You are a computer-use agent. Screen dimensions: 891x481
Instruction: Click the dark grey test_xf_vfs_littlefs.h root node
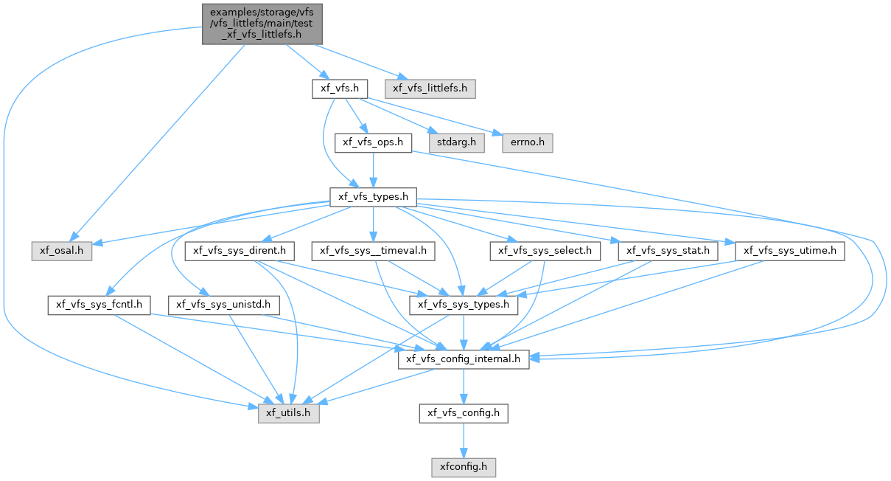(262, 24)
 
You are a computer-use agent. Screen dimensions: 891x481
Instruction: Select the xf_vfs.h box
(340, 89)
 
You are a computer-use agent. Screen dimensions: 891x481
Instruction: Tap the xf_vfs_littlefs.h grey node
(430, 89)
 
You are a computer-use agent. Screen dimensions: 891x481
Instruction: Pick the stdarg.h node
(457, 142)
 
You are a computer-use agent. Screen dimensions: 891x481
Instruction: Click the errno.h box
(528, 142)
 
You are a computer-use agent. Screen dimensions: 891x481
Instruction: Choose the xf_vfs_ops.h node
(373, 142)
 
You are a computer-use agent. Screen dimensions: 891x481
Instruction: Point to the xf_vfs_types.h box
(373, 197)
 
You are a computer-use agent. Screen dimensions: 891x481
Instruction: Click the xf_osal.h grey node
(62, 252)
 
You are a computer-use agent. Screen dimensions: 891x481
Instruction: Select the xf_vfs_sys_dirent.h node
(240, 252)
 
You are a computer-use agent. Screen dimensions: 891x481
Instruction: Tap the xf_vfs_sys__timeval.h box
(373, 252)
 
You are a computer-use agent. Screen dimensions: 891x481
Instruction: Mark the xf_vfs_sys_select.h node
(545, 252)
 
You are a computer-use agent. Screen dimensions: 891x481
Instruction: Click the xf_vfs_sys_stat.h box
(668, 252)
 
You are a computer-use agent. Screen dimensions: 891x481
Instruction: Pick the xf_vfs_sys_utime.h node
(790, 252)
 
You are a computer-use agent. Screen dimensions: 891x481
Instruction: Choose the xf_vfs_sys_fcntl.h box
(99, 305)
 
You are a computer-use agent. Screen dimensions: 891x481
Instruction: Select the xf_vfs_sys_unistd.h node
(223, 305)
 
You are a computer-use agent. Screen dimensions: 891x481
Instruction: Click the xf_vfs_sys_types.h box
(464, 305)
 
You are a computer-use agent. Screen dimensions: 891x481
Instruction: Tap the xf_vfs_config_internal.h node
(464, 359)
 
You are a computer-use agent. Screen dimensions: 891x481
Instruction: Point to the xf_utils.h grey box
(288, 414)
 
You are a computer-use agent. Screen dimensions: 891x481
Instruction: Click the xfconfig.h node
(464, 468)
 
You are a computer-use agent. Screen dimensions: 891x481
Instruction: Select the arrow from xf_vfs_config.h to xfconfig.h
(464, 440)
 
